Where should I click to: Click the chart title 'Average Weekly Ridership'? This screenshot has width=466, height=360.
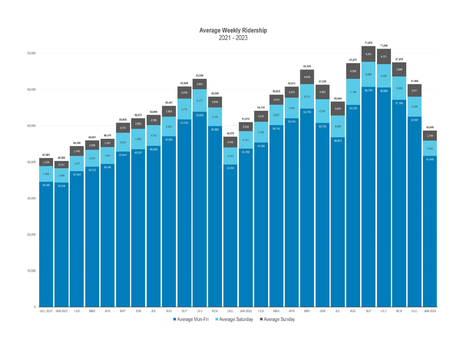pos(233,30)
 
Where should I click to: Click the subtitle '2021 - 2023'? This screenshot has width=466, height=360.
pos(233,38)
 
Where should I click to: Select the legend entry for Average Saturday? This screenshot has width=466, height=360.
pos(235,319)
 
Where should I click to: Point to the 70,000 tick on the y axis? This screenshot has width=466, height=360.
pos(31,53)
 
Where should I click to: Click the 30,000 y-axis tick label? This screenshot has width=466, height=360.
pos(31,198)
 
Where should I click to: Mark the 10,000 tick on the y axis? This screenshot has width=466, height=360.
pos(31,271)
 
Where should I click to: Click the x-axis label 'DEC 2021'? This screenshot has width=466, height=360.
pos(46,311)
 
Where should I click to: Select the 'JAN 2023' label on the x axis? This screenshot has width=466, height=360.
pos(245,311)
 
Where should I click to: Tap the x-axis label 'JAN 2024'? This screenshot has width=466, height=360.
pos(429,311)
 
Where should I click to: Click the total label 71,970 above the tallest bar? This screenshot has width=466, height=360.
pos(368,42)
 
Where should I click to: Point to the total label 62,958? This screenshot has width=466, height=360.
pos(199,75)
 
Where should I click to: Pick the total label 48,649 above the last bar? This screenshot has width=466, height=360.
pos(429,127)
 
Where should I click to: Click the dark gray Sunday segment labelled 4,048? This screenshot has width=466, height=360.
pos(307,77)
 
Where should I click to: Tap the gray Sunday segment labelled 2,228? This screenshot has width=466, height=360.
pos(46,162)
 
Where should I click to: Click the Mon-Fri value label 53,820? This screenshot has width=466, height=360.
pos(199,115)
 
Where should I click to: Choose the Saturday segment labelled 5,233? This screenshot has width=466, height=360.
pos(123,142)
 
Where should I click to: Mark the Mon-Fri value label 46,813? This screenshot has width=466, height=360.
pos(337,141)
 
